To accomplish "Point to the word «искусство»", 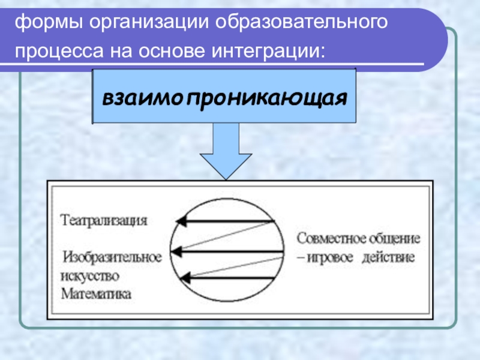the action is click(x=90, y=276).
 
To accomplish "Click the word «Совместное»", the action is click(x=331, y=238).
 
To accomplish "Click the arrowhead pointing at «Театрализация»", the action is click(x=180, y=221).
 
